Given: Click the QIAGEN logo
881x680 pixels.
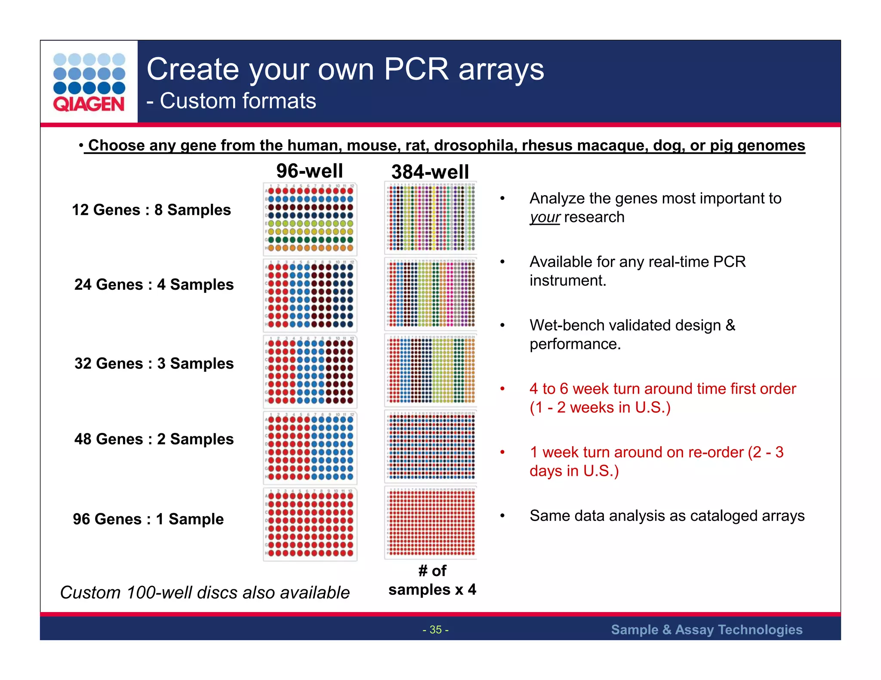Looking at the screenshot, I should pyautogui.click(x=89, y=82).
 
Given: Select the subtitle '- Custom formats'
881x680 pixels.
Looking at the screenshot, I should pyautogui.click(x=231, y=101).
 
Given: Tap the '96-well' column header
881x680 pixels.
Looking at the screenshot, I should pyautogui.click(x=309, y=171).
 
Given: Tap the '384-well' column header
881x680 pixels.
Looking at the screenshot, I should pyautogui.click(x=430, y=172).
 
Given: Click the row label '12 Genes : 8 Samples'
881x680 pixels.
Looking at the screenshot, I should pyautogui.click(x=151, y=210).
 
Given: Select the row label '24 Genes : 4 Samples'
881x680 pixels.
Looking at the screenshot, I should pyautogui.click(x=154, y=285).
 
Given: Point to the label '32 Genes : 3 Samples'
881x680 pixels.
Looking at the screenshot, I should pyautogui.click(x=154, y=363).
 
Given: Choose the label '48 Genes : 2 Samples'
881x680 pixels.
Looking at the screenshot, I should pyautogui.click(x=154, y=439).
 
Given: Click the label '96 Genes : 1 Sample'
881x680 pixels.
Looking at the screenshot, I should pyautogui.click(x=148, y=519).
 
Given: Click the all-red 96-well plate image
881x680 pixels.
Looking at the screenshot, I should pyautogui.click(x=310, y=524).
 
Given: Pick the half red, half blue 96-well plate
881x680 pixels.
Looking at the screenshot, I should pyautogui.click(x=310, y=447).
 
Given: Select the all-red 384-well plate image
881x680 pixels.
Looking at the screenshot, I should pyautogui.click(x=431, y=522).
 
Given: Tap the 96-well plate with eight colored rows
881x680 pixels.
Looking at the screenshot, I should pyautogui.click(x=310, y=219).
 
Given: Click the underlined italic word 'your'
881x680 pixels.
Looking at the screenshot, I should pyautogui.click(x=544, y=217).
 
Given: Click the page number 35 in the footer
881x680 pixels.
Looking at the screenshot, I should pyautogui.click(x=435, y=630).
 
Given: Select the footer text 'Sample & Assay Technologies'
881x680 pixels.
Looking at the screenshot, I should pyautogui.click(x=706, y=630).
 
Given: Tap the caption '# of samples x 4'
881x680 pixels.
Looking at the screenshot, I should pyautogui.click(x=432, y=580).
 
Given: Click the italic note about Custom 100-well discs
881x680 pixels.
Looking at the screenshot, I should pyautogui.click(x=205, y=593).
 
